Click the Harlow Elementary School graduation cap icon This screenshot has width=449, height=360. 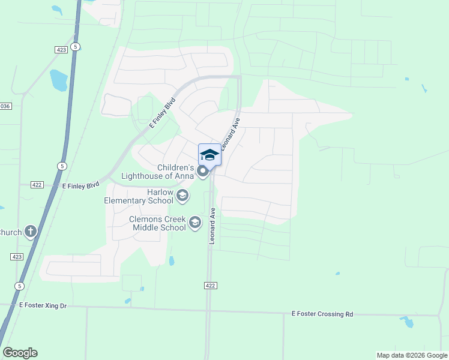tap(182, 195)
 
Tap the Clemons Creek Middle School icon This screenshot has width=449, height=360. tap(194, 223)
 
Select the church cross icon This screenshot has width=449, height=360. tap(31, 232)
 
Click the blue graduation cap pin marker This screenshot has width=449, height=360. tap(209, 155)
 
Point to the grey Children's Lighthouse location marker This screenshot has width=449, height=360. tap(203, 172)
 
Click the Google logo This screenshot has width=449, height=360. tap(20, 352)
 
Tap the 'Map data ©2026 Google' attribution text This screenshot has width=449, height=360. tap(412, 355)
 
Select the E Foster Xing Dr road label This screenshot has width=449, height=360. tap(43, 305)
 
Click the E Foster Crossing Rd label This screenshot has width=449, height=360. tap(322, 314)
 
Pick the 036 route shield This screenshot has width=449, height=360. tap(5, 106)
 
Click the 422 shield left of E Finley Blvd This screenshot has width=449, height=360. tap(37, 185)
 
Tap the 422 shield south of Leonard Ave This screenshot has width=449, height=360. tap(209, 286)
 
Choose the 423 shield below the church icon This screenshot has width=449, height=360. tap(16, 256)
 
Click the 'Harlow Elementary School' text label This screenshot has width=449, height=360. tap(140, 196)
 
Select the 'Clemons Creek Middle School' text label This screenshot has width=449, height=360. tap(158, 223)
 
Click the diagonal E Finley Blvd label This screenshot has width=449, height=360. tap(161, 112)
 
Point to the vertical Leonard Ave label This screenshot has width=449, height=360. tap(212, 226)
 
